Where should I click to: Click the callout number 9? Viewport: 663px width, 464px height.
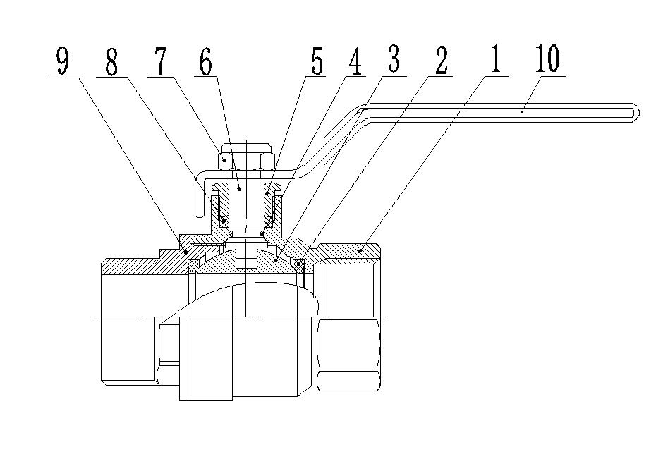tap(63, 62)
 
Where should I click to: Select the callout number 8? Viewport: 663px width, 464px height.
tap(111, 62)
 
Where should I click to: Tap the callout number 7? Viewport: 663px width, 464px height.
tap(160, 62)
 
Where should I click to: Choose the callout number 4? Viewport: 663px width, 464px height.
tap(354, 62)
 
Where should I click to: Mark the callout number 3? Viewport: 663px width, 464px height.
tap(394, 61)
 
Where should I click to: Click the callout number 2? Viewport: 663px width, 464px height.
tap(441, 62)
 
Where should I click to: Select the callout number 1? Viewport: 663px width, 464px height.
tap(494, 61)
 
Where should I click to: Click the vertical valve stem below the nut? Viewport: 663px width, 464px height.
tap(244, 204)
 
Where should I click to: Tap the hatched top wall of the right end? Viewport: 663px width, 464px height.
tap(349, 250)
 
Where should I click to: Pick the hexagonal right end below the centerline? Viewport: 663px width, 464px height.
tap(351, 353)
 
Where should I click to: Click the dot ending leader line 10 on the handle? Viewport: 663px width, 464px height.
tap(522, 109)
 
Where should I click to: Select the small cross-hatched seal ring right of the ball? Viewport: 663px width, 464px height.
tap(299, 264)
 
